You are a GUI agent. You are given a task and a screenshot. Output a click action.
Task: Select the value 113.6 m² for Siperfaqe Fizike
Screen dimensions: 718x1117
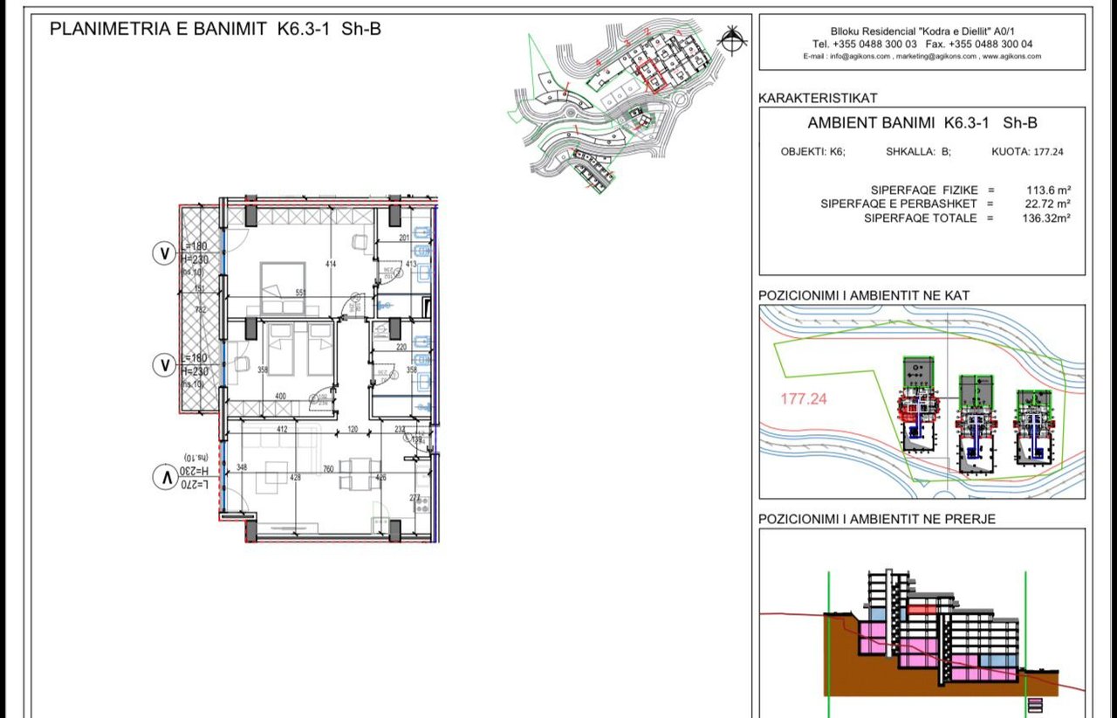[x=1048, y=190]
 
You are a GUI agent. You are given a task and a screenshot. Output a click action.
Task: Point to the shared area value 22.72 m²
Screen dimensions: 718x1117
[x=1046, y=204]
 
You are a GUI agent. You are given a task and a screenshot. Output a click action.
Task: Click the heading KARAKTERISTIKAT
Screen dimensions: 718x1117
[x=818, y=98]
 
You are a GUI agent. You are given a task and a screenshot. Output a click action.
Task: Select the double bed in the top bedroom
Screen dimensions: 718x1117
[x=282, y=287]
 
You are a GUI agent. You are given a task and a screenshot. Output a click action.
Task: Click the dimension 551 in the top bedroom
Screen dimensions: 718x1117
[x=301, y=293]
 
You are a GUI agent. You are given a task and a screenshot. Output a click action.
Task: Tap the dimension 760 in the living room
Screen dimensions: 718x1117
[x=327, y=469]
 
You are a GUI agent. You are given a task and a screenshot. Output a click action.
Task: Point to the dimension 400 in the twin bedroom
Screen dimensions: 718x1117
[x=280, y=397]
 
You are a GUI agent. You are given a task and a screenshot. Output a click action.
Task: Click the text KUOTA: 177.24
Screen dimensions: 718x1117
[x=1028, y=151]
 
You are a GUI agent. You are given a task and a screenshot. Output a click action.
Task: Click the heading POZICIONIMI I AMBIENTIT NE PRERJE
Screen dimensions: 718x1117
[x=877, y=519]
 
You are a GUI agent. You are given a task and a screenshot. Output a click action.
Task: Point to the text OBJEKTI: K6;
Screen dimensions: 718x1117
[x=812, y=151]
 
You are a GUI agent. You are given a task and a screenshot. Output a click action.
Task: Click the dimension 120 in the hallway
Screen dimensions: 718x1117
[x=353, y=429]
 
